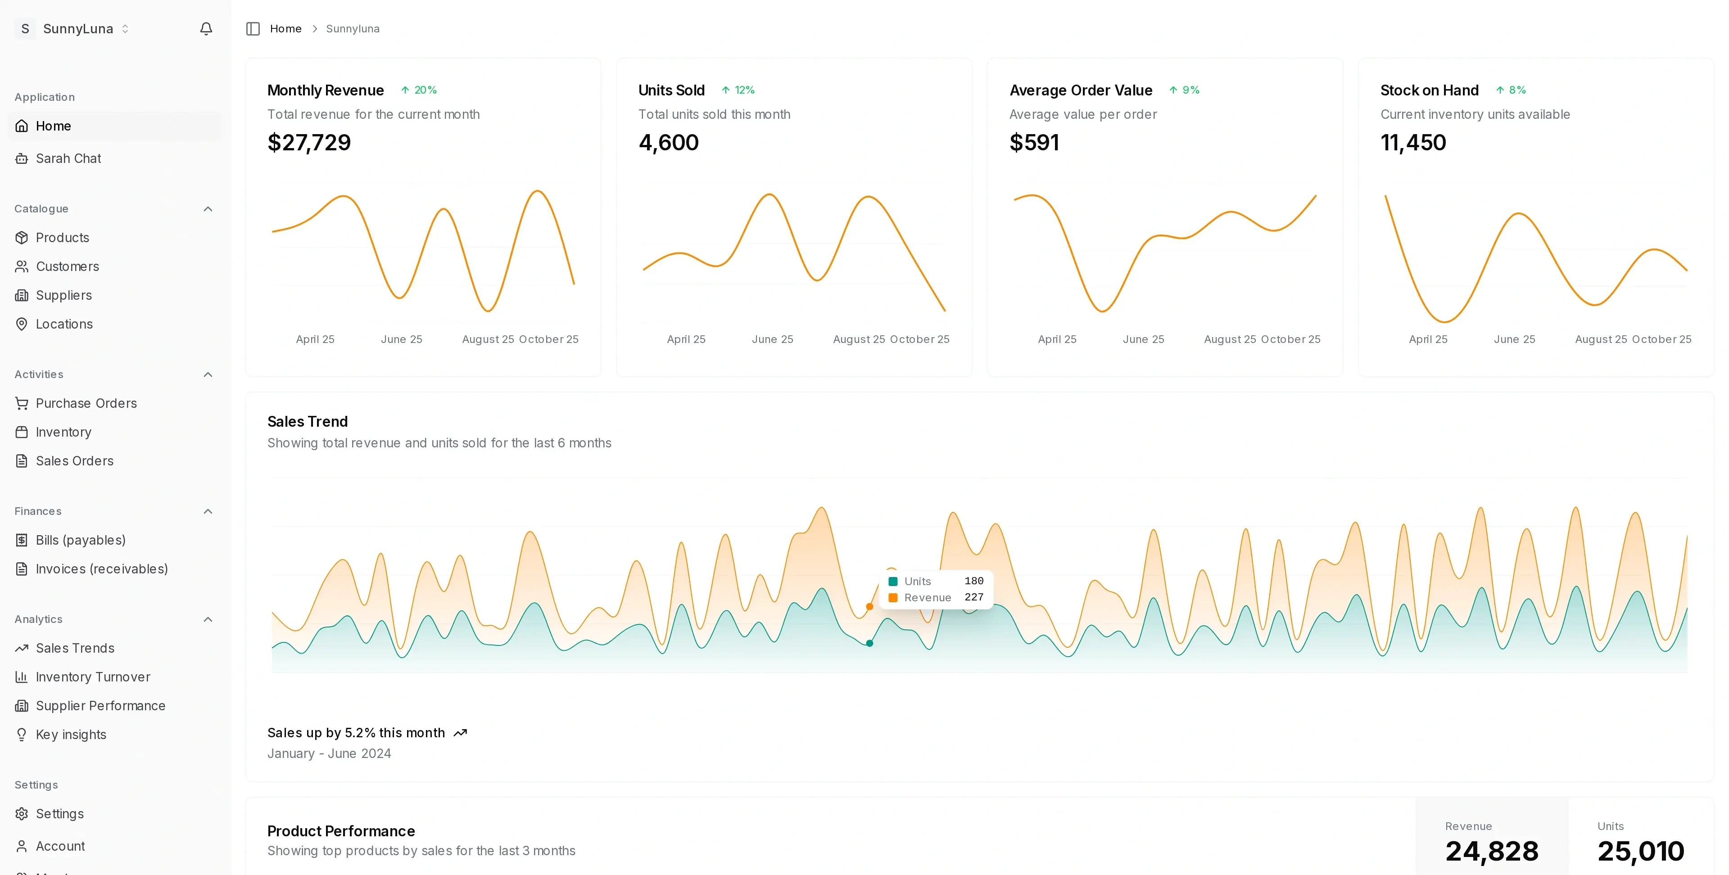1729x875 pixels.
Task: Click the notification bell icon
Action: (206, 29)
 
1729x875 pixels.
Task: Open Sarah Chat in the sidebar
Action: (68, 158)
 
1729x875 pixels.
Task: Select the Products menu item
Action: (62, 238)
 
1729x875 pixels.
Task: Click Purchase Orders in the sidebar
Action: (86, 403)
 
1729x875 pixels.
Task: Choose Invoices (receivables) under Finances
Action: (101, 569)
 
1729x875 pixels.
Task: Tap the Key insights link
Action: (71, 735)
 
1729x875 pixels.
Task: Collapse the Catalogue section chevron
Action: (208, 209)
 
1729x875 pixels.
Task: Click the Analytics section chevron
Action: (208, 619)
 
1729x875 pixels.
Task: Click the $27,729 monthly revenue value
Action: (309, 142)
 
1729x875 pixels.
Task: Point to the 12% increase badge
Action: (738, 90)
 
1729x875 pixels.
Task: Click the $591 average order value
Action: (1034, 142)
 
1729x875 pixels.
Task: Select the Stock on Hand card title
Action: (1429, 90)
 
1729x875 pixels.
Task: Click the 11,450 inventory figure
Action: (1413, 142)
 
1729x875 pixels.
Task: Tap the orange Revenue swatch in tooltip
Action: (893, 597)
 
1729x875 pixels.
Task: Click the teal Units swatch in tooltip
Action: (893, 581)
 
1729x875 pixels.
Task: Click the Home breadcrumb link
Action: (285, 29)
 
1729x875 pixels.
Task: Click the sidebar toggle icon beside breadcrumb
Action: (253, 29)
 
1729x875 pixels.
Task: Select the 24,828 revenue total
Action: (1491, 851)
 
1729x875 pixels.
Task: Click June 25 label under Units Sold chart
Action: (772, 339)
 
